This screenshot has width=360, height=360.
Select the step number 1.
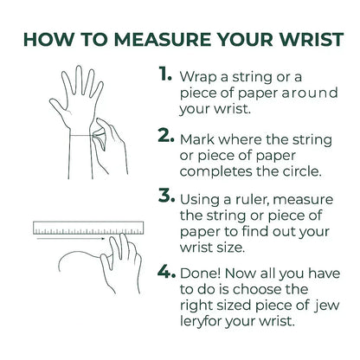tap(164, 74)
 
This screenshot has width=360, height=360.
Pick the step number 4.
tap(166, 272)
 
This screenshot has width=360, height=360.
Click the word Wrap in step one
tap(198, 77)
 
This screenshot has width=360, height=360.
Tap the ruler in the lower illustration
tap(88, 228)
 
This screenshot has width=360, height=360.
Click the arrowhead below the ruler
tap(102, 239)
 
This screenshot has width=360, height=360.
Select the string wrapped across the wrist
tap(81, 135)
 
